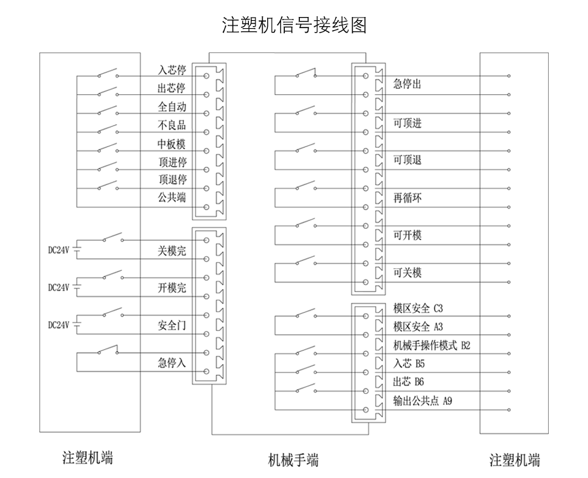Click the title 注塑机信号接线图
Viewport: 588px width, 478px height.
click(x=294, y=26)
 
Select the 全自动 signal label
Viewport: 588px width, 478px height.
click(x=172, y=107)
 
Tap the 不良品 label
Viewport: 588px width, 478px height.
click(x=172, y=125)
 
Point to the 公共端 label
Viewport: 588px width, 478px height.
click(x=172, y=197)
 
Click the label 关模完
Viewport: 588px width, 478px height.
click(x=172, y=250)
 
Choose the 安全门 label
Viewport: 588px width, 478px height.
click(x=172, y=324)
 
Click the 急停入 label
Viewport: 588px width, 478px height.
click(x=172, y=362)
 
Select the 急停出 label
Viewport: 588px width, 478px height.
click(x=407, y=84)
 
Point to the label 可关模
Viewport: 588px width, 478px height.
click(x=407, y=273)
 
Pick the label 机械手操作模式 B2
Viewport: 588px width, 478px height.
click(x=431, y=345)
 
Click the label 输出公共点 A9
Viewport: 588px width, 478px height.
click(x=422, y=400)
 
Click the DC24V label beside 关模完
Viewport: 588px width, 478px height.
click(x=59, y=249)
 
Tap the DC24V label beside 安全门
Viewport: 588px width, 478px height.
click(x=59, y=324)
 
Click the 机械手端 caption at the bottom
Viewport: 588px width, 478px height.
click(x=294, y=459)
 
